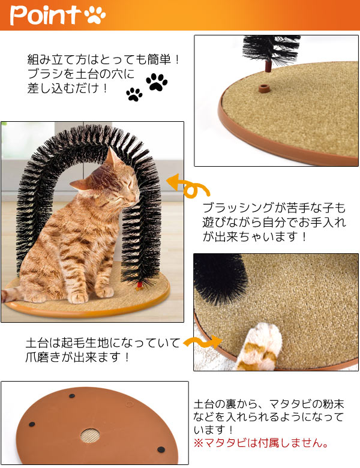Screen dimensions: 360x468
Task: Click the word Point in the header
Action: [45, 15]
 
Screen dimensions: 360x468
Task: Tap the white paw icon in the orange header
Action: [95, 15]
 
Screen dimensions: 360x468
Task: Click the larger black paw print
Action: [157, 82]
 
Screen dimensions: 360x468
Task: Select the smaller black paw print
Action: [134, 94]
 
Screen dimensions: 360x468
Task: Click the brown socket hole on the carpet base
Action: [263, 88]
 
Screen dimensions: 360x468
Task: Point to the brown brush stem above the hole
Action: [268, 65]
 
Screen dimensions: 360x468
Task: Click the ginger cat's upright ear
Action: [112, 157]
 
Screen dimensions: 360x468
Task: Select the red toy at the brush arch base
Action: [139, 286]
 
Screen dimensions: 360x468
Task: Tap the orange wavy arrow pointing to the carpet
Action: [202, 341]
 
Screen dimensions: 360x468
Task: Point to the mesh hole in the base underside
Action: [90, 436]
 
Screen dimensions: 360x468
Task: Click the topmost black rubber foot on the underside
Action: [72, 396]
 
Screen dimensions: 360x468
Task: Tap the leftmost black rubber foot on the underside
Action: [32, 424]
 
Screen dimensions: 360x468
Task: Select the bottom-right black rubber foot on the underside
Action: [161, 449]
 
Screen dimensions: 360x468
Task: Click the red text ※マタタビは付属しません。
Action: [261, 443]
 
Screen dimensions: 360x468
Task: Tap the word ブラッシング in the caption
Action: [238, 208]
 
